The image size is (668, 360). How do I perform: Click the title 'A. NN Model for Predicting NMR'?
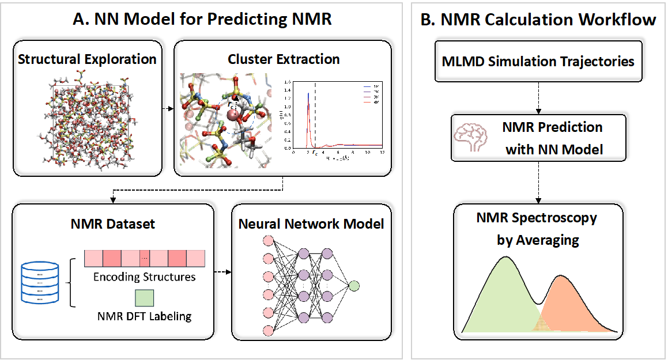pos(202,20)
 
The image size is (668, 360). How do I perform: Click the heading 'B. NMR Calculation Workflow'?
pos(538,20)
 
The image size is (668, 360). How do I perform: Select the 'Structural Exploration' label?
pos(88,59)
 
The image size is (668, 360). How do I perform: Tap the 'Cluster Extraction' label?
pos(284,59)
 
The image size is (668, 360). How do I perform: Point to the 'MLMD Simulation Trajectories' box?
pos(538,61)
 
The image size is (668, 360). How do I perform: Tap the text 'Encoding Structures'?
pos(145,277)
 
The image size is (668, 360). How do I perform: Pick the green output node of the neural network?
pos(354,285)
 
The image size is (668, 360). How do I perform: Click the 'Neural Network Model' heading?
pos(311,223)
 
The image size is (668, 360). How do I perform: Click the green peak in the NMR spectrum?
pos(505,294)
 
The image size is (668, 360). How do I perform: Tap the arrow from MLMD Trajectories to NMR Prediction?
pos(538,98)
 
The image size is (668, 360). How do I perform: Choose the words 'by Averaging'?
pos(538,240)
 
